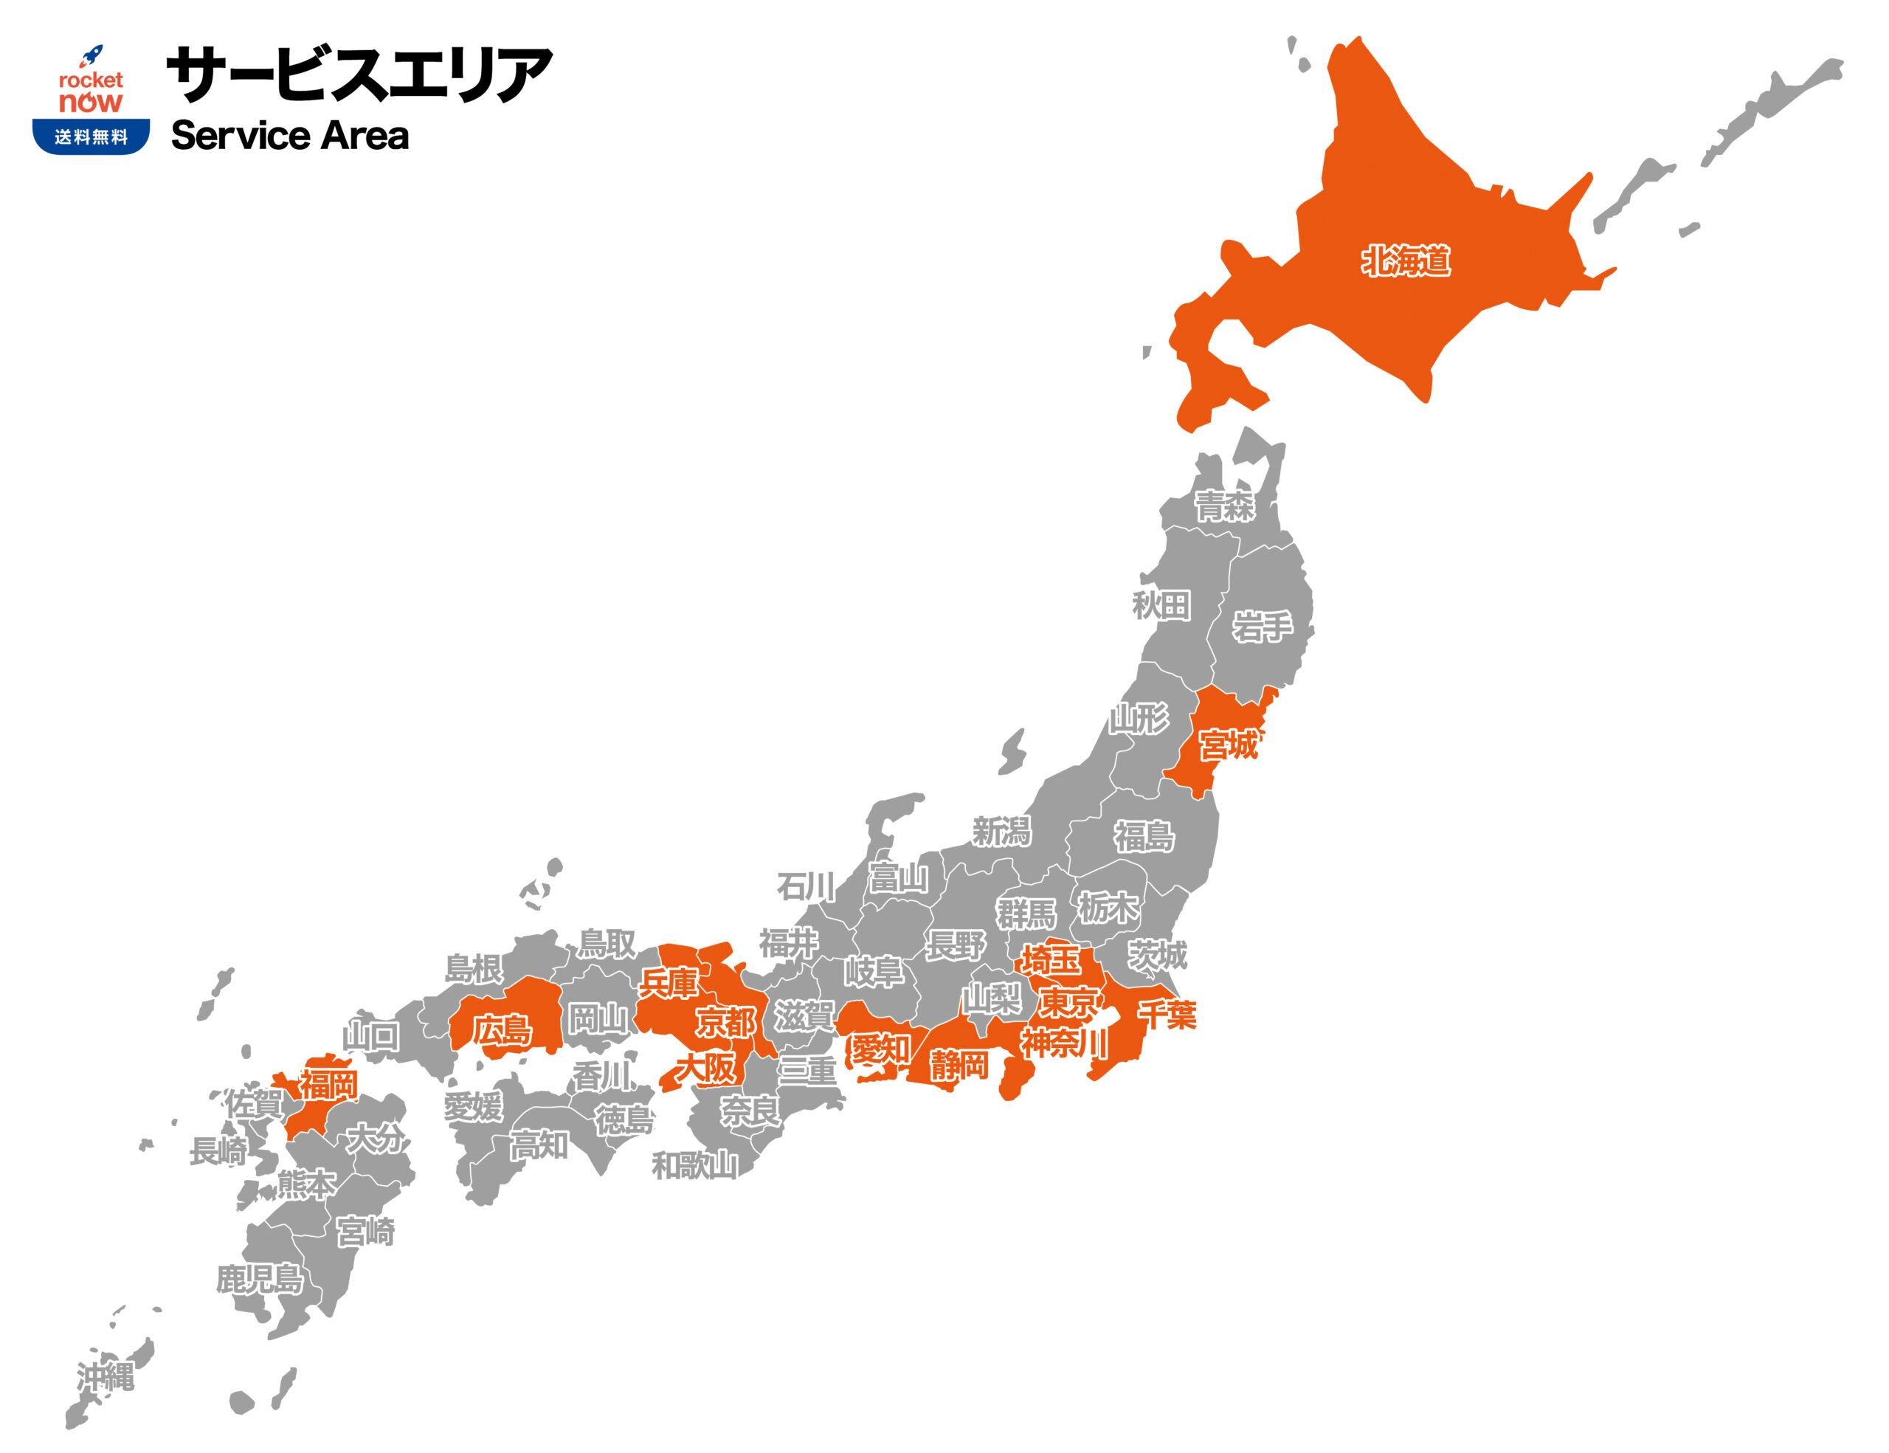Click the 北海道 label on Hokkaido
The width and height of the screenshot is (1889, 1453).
[x=1406, y=260]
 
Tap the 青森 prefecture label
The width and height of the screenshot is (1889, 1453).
[x=1224, y=506]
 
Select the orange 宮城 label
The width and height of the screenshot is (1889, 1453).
[x=1227, y=744]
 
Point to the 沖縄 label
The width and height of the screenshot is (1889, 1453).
[x=106, y=1377]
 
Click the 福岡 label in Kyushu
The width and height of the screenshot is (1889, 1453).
[x=328, y=1084]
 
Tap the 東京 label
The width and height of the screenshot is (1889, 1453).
[x=1069, y=1004]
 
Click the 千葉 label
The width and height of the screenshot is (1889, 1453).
[x=1167, y=1015]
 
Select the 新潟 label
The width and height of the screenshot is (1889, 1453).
[x=1001, y=832]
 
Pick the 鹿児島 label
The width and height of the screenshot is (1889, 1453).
[x=260, y=1279]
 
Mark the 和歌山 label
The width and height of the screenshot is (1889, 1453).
[x=694, y=1166]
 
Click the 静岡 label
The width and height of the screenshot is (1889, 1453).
[x=959, y=1066]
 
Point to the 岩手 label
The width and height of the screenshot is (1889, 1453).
[x=1262, y=627]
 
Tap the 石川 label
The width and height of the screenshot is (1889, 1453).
[x=805, y=886]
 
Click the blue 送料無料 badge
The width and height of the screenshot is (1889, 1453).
[x=91, y=137]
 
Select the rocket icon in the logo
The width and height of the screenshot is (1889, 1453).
[x=91, y=56]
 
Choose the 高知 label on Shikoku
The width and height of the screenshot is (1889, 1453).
[x=539, y=1146]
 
